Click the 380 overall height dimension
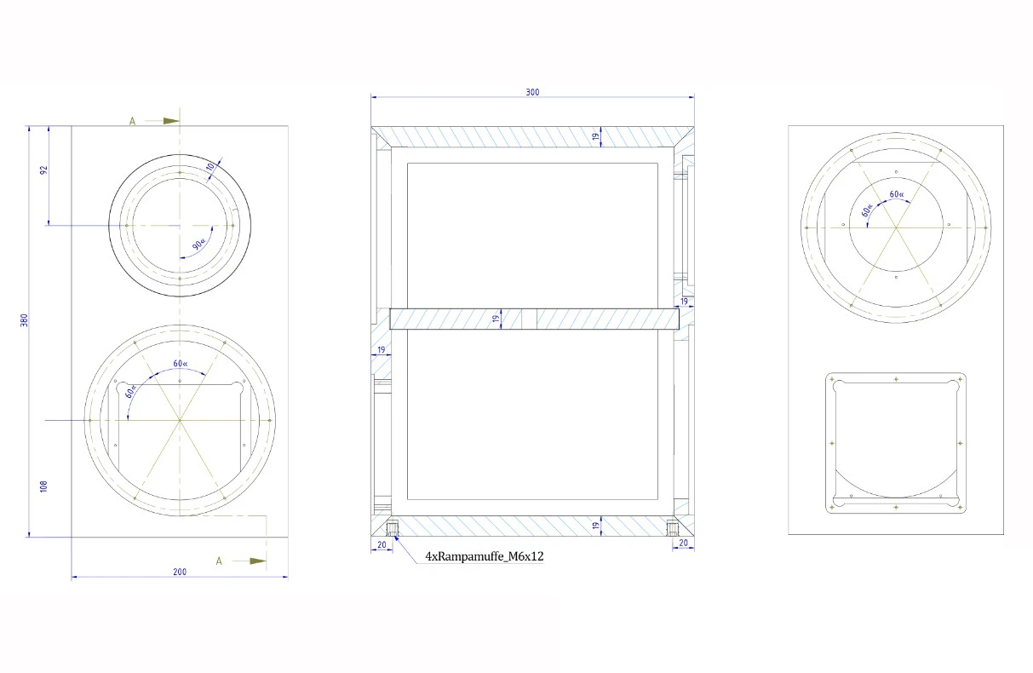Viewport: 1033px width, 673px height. pos(24,320)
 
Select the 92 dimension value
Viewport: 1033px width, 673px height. pos(43,170)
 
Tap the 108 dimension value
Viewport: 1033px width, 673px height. pos(43,486)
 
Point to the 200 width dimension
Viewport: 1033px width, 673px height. pos(180,572)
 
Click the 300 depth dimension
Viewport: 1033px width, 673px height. pos(532,92)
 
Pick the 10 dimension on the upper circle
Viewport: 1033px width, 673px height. pos(210,166)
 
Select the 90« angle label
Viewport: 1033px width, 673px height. pos(198,244)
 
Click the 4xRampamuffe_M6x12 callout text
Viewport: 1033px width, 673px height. pos(485,556)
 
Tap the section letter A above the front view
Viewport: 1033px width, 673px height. pos(132,121)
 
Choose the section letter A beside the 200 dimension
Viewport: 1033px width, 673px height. pos(219,561)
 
